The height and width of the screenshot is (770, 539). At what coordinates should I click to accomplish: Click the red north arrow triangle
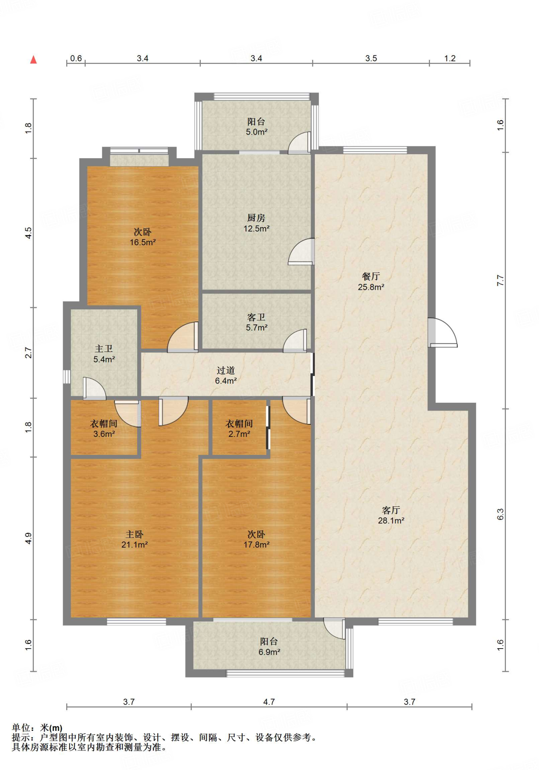33,59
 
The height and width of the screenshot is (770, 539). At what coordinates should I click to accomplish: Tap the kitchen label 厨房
256,218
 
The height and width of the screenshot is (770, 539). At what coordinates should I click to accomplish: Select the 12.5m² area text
256,228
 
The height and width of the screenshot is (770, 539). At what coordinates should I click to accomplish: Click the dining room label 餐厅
371,276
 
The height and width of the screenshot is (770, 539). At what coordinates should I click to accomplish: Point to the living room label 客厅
391,510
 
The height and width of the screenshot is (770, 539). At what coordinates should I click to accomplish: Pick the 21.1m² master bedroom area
134,544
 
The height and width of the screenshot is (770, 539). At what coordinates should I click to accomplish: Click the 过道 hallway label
226,370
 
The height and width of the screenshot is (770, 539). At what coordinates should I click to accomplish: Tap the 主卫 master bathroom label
104,349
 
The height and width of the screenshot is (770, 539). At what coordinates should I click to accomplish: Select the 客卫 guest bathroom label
257,317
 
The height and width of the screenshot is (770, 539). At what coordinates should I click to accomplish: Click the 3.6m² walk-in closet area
104,434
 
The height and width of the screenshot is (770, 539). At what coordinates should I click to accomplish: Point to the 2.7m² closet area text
239,434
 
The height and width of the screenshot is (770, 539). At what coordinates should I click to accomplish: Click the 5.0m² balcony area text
257,132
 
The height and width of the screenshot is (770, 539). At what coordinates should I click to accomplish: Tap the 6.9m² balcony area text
269,652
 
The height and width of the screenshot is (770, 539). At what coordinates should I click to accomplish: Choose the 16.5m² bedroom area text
143,242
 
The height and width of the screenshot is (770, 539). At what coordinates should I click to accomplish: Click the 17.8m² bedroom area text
257,544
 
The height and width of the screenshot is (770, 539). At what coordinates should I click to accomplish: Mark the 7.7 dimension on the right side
500,280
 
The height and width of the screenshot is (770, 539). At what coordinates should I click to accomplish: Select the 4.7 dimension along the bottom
269,702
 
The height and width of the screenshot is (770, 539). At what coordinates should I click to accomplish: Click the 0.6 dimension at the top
76,58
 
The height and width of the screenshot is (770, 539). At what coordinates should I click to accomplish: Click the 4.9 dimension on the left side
29,538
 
